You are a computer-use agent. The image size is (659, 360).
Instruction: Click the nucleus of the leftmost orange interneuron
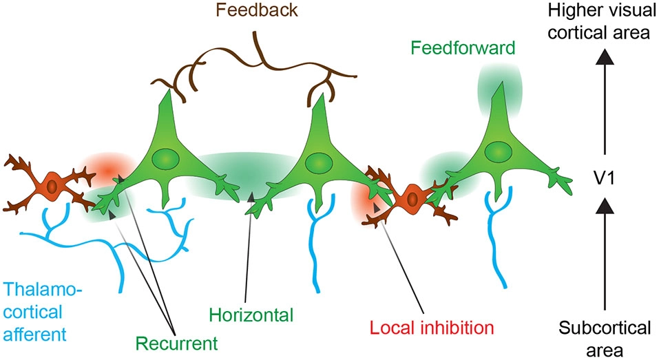[x=52, y=185]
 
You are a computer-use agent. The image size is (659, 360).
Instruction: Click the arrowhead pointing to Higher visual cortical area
[x=604, y=61]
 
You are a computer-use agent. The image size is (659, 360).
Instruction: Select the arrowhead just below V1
[x=604, y=203]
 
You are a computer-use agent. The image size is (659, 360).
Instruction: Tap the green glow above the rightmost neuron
[x=500, y=88]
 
